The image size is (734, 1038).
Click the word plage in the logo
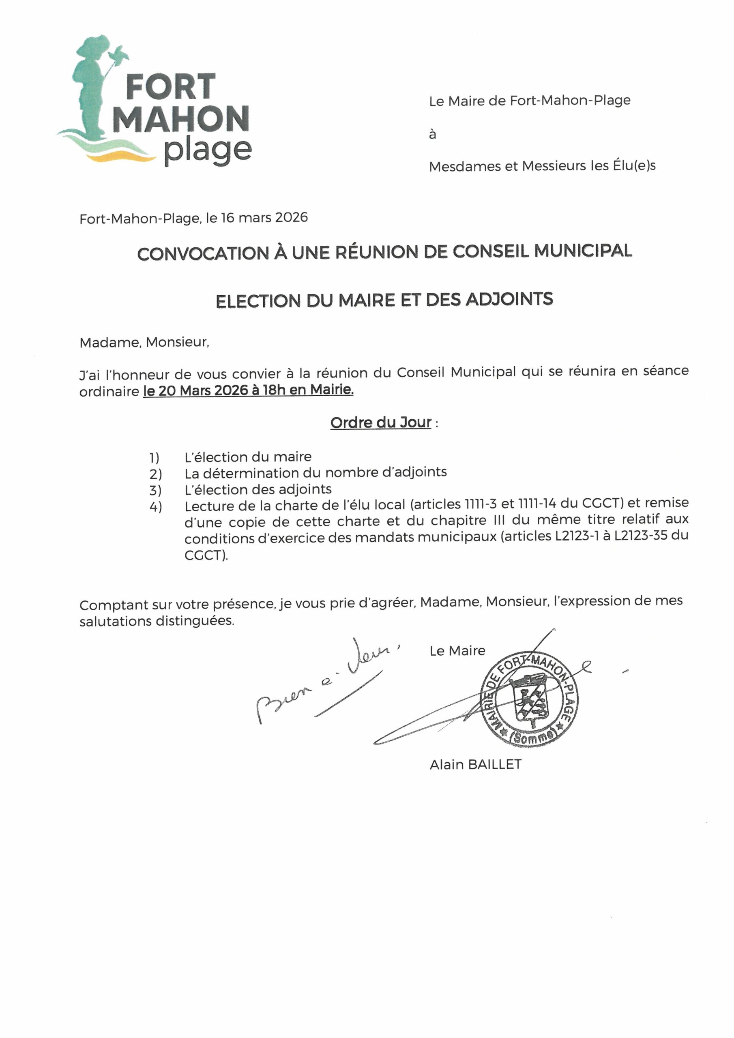(x=208, y=150)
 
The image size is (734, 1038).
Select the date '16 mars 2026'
(x=264, y=217)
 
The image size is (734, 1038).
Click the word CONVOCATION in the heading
(x=202, y=253)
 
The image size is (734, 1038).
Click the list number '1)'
(x=154, y=457)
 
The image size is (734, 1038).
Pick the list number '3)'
(x=155, y=490)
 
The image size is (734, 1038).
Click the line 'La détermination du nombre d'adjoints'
(x=315, y=473)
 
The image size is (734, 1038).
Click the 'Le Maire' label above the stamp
(x=457, y=651)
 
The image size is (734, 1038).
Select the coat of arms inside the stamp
(x=530, y=697)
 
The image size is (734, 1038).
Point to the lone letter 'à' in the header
(x=432, y=134)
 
